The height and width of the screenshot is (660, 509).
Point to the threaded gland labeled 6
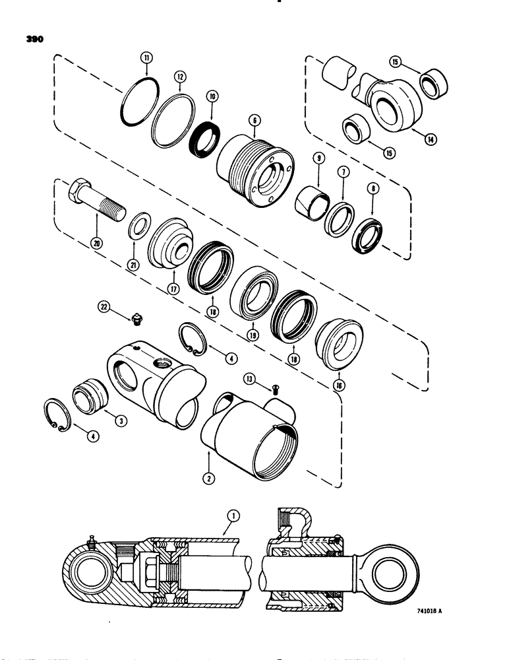coord(252,165)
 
